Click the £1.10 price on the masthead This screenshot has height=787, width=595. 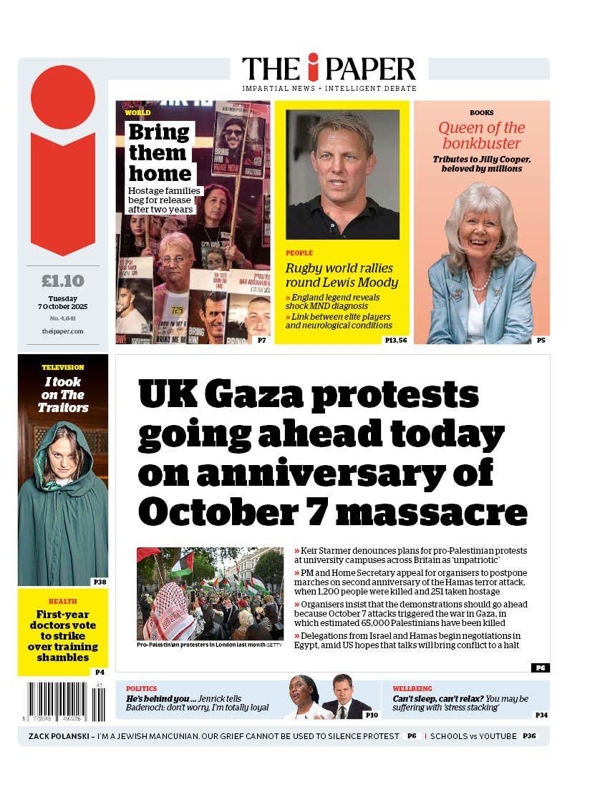[x=63, y=281]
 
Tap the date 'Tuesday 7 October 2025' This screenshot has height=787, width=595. [x=63, y=303]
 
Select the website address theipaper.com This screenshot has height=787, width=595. [x=63, y=331]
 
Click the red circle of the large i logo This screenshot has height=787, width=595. [x=63, y=97]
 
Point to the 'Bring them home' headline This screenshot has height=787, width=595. [x=159, y=153]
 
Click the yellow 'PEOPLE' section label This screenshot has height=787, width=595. [x=299, y=253]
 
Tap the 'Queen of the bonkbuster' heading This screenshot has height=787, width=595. [x=481, y=136]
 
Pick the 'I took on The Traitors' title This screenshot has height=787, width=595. [x=63, y=395]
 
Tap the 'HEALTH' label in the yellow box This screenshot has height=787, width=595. [x=63, y=602]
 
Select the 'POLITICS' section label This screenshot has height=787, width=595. [x=141, y=688]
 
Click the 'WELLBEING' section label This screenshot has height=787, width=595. [x=412, y=688]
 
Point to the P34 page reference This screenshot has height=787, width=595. [x=541, y=715]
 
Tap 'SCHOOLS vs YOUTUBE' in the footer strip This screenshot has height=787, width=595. [x=473, y=736]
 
